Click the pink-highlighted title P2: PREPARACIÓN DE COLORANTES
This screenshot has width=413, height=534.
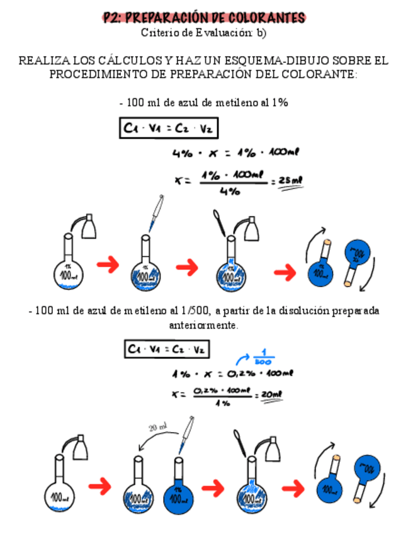(x=205, y=18)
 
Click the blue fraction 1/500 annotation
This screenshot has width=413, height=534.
(x=260, y=356)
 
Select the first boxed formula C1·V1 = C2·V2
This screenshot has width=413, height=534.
(x=169, y=129)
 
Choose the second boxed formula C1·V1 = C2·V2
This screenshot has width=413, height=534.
(x=167, y=348)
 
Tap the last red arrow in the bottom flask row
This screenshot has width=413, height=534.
(x=293, y=488)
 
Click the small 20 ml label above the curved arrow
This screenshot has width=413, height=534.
(x=158, y=428)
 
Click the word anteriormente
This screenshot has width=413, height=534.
(x=203, y=326)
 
